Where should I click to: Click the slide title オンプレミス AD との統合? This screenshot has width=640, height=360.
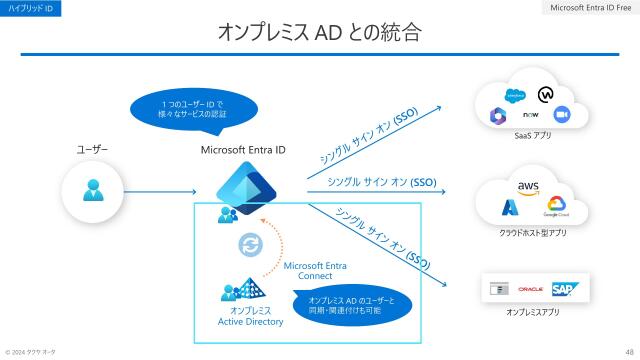[320, 32]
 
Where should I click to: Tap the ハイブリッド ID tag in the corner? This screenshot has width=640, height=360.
[31, 8]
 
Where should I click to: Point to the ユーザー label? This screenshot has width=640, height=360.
[93, 150]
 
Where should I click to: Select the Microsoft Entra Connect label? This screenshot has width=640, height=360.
[315, 270]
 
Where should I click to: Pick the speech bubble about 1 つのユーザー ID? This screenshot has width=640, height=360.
[193, 109]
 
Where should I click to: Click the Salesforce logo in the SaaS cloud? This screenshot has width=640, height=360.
[514, 96]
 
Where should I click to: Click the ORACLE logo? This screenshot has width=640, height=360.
[531, 289]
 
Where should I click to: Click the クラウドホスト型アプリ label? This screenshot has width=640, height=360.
[532, 233]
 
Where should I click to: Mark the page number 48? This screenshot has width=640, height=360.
[629, 351]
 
